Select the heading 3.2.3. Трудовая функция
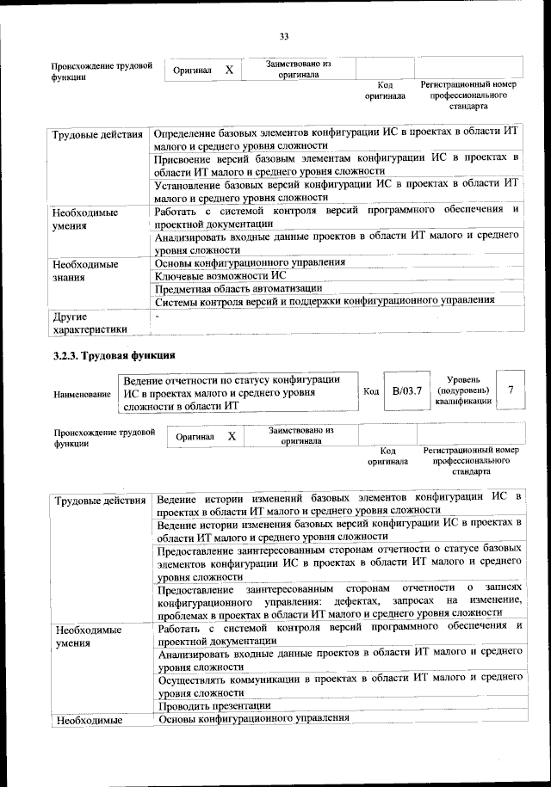(115, 355)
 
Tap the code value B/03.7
(406, 391)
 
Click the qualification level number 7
(511, 390)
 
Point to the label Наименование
(83, 394)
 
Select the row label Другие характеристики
(90, 323)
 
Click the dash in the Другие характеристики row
(158, 317)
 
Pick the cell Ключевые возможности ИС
(220, 274)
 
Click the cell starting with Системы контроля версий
(324, 300)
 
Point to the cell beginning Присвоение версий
(336, 164)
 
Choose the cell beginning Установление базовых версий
(336, 190)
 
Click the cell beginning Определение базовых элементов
(336, 138)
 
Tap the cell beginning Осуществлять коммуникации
(340, 685)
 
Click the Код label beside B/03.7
(371, 391)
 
